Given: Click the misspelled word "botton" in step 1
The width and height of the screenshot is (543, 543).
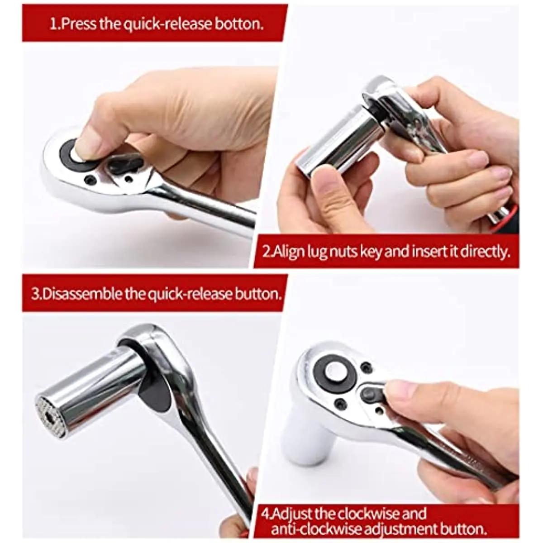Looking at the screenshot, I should point(240,24).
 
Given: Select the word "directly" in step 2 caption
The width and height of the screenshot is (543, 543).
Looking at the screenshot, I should point(486,252).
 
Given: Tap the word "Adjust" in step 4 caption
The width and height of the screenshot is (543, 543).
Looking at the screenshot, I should point(293,514).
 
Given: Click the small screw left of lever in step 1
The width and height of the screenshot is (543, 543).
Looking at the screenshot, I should point(91,180).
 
